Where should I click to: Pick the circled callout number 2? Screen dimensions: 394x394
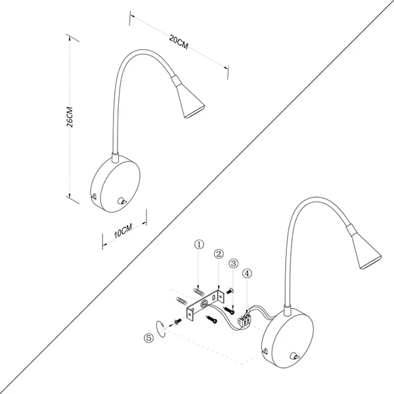219,253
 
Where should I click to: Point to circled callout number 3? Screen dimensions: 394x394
232,263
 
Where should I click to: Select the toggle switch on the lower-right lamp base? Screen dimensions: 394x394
293,357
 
